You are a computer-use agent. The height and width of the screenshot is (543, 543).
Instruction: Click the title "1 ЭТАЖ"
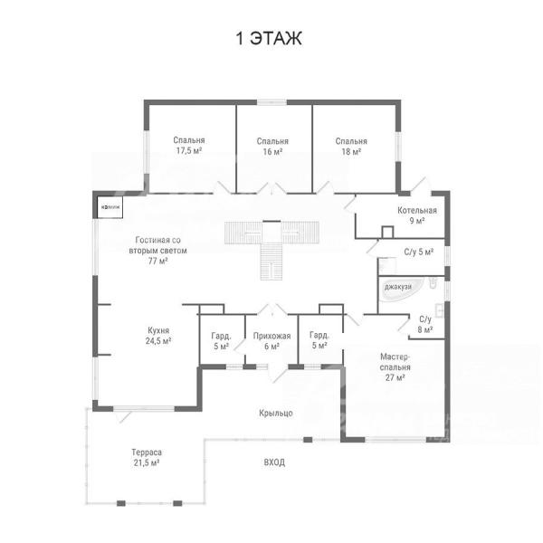point(269,38)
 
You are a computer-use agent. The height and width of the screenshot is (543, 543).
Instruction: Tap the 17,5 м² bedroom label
point(189,146)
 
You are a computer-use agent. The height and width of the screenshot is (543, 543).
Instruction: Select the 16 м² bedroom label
point(272,147)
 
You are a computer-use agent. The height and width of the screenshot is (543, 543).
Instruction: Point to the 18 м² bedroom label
point(351,147)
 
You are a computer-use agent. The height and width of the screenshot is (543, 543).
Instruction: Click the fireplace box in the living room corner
point(110,207)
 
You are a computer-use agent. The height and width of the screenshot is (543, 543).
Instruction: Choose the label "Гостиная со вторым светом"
point(157,250)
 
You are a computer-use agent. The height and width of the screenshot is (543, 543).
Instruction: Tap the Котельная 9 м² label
point(417,215)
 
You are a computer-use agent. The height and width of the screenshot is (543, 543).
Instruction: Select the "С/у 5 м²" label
point(419,252)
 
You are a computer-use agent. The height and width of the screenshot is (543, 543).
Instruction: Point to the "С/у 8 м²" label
point(425,325)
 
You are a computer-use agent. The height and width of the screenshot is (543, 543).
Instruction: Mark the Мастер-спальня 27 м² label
point(395,367)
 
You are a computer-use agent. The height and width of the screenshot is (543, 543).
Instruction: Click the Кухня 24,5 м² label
point(158,336)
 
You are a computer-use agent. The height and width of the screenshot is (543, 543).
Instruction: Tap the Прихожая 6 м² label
point(271,341)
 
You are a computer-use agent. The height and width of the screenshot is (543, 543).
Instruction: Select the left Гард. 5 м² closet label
point(221,341)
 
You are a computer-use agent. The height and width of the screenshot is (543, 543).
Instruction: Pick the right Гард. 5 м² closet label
point(319,340)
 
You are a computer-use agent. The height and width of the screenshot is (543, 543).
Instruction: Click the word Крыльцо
point(276,414)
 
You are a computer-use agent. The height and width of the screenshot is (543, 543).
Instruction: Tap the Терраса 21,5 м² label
point(147,457)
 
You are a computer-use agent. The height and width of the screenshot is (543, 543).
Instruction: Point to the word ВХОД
point(274,462)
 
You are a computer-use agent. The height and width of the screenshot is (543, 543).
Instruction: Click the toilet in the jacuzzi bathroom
point(433,282)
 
